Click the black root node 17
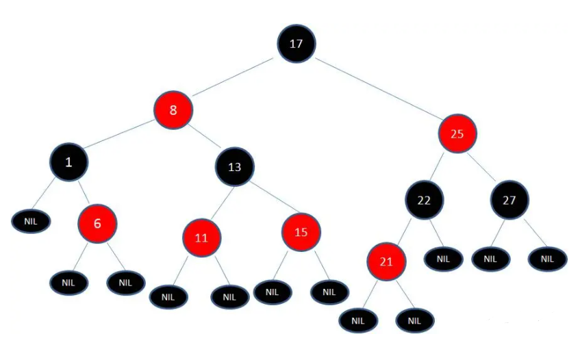point(296,43)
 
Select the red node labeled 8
point(173,110)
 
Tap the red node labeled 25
point(457,133)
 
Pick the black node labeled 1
point(68,162)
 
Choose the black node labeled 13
point(235,166)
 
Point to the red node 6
point(98,222)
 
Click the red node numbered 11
point(201,238)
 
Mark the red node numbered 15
point(301,232)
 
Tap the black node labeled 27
point(509,200)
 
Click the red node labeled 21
point(387,261)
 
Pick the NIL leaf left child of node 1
point(31,221)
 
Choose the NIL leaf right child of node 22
point(443,259)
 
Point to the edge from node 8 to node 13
point(204,138)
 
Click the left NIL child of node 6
point(69,281)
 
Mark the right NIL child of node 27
point(547,259)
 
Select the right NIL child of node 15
point(329,292)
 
